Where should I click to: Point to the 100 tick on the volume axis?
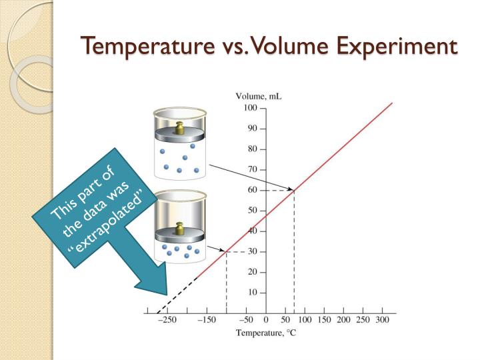(x=250, y=108)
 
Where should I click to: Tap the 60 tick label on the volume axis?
(x=252, y=190)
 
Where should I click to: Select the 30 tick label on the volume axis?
(x=252, y=251)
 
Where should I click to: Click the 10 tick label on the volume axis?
(x=252, y=293)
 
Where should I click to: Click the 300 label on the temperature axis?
(x=382, y=321)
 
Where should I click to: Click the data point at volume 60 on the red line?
(x=294, y=190)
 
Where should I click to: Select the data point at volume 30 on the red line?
(x=226, y=251)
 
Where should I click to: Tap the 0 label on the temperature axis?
(x=265, y=321)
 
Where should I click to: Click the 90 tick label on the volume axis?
(x=252, y=129)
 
